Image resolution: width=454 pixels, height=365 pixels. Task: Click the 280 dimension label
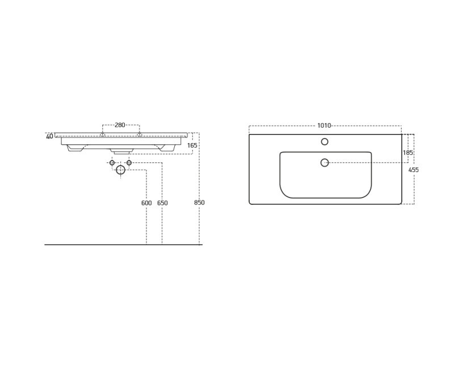pyautogui.click(x=120, y=125)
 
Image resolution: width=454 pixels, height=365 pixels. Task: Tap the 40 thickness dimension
pyautogui.click(x=49, y=136)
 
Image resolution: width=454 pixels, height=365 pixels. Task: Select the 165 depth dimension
pyautogui.click(x=192, y=145)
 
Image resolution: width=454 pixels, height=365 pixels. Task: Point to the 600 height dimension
pyautogui.click(x=146, y=203)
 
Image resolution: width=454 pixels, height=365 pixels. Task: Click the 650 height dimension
pyautogui.click(x=162, y=203)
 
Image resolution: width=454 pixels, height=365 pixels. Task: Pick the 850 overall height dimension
pyautogui.click(x=199, y=203)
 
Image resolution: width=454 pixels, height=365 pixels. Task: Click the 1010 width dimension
pyautogui.click(x=324, y=125)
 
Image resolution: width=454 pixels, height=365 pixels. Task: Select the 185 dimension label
pyautogui.click(x=407, y=152)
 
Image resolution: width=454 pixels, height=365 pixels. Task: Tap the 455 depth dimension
pyautogui.click(x=414, y=170)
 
